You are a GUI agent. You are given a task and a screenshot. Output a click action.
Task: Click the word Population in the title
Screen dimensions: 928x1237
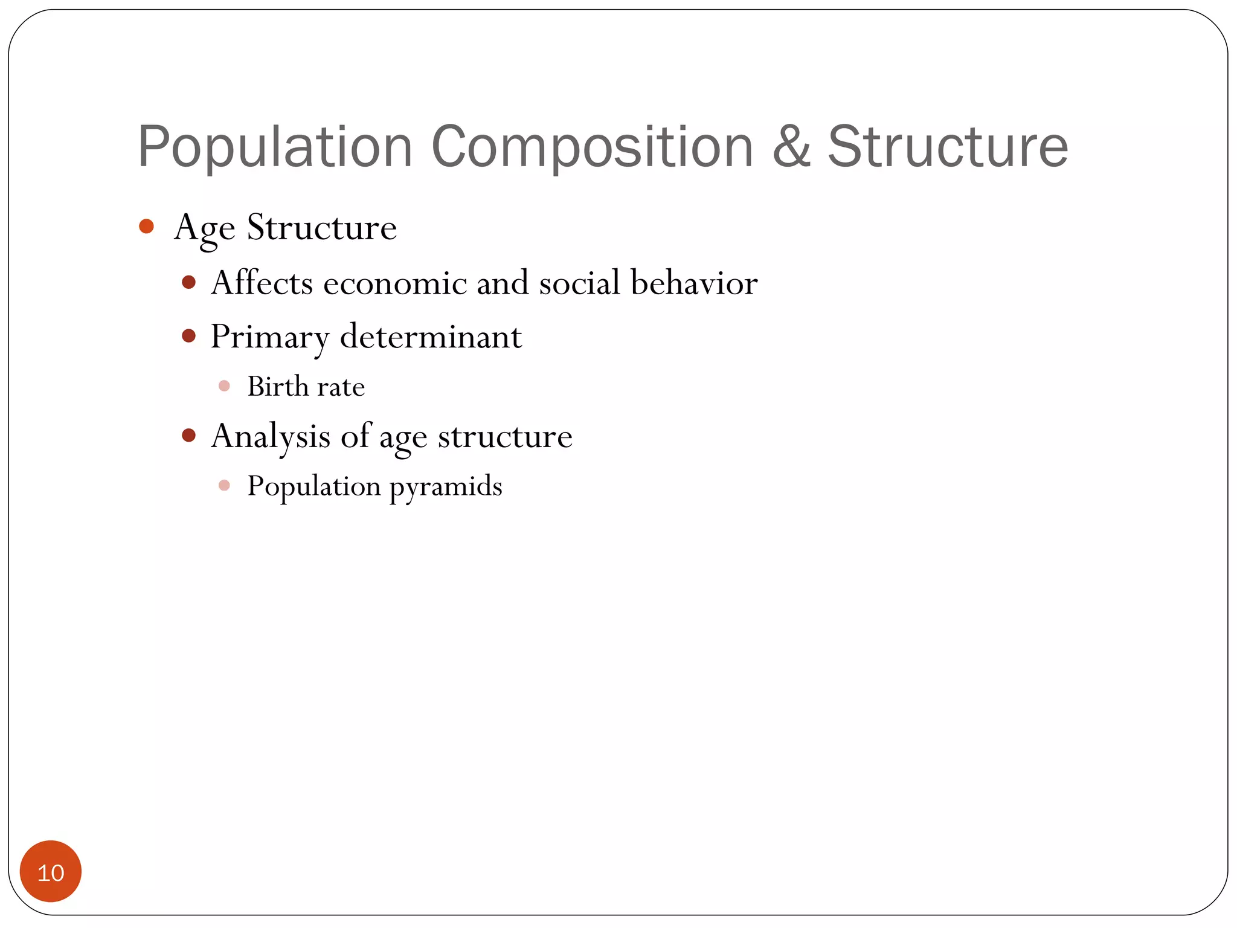click(x=275, y=147)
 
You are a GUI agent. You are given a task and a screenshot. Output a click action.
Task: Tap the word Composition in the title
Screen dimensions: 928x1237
click(x=592, y=147)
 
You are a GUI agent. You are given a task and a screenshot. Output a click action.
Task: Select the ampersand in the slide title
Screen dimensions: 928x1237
click(x=791, y=147)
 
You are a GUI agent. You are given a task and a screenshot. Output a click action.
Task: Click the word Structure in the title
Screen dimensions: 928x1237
click(x=948, y=147)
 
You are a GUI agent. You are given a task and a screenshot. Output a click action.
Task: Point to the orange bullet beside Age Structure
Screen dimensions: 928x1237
click(x=146, y=227)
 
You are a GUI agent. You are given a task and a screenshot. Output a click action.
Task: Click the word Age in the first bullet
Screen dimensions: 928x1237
click(x=204, y=228)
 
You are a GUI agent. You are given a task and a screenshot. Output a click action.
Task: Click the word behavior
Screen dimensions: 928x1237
click(x=694, y=283)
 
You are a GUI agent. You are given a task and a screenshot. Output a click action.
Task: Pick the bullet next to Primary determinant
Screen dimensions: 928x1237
click(x=189, y=336)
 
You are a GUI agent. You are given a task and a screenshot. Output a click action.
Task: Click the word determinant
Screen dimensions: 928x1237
click(x=431, y=337)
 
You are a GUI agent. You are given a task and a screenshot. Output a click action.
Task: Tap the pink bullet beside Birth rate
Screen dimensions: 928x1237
click(x=224, y=386)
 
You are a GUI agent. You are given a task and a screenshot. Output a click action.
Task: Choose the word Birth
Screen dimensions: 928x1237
click(x=278, y=386)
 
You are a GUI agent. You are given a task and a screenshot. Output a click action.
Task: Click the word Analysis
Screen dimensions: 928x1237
click(x=271, y=436)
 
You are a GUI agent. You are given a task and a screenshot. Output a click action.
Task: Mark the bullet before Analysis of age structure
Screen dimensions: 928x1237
click(x=189, y=436)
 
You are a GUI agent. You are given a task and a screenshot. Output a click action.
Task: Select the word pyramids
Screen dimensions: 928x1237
click(x=446, y=487)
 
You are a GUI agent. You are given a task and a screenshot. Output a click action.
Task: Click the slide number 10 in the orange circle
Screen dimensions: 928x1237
click(x=51, y=873)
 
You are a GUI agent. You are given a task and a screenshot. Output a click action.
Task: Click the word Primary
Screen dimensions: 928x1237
click(x=269, y=337)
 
